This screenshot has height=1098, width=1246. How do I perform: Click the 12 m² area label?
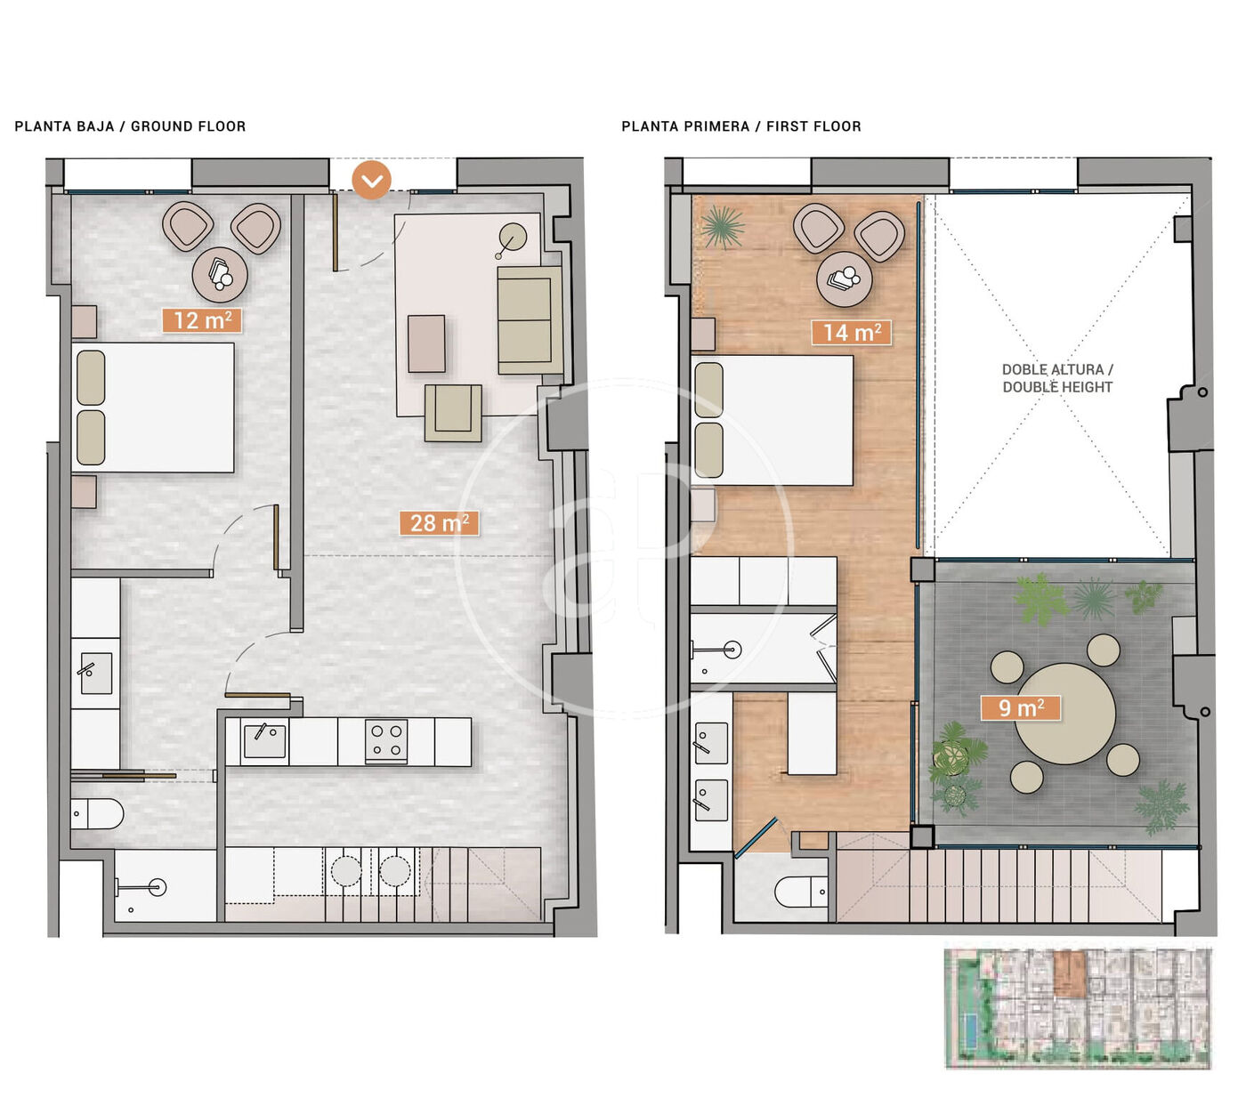pyautogui.click(x=202, y=320)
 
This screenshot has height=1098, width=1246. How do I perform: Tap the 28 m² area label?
pyautogui.click(x=439, y=523)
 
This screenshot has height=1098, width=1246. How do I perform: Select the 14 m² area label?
pyautogui.click(x=851, y=333)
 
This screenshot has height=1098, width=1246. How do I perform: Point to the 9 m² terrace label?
pyautogui.click(x=1021, y=707)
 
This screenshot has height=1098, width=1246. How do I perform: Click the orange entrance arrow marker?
pyautogui.click(x=371, y=180)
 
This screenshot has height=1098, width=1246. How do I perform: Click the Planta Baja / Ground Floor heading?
pyautogui.click(x=130, y=126)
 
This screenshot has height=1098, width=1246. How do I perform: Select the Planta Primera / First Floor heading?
pyautogui.click(x=741, y=126)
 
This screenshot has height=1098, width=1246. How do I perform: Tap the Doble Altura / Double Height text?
pyautogui.click(x=1057, y=378)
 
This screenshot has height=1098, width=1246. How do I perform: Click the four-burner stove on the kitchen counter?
pyautogui.click(x=386, y=741)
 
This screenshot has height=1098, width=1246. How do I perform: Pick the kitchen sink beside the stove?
pyautogui.click(x=264, y=741)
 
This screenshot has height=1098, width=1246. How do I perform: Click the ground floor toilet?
pyautogui.click(x=96, y=814)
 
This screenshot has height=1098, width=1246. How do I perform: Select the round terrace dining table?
pyautogui.click(x=1064, y=713)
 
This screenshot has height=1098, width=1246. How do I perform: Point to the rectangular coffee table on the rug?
pyautogui.click(x=426, y=343)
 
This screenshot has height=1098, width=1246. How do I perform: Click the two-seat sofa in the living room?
pyautogui.click(x=530, y=319)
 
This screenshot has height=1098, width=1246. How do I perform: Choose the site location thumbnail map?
pyautogui.click(x=1078, y=1008)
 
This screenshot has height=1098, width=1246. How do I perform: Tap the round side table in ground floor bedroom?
pyautogui.click(x=220, y=275)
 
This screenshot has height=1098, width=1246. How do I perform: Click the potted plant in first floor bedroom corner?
pyautogui.click(x=723, y=227)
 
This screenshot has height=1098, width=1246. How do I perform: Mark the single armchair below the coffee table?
pyautogui.click(x=453, y=413)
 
